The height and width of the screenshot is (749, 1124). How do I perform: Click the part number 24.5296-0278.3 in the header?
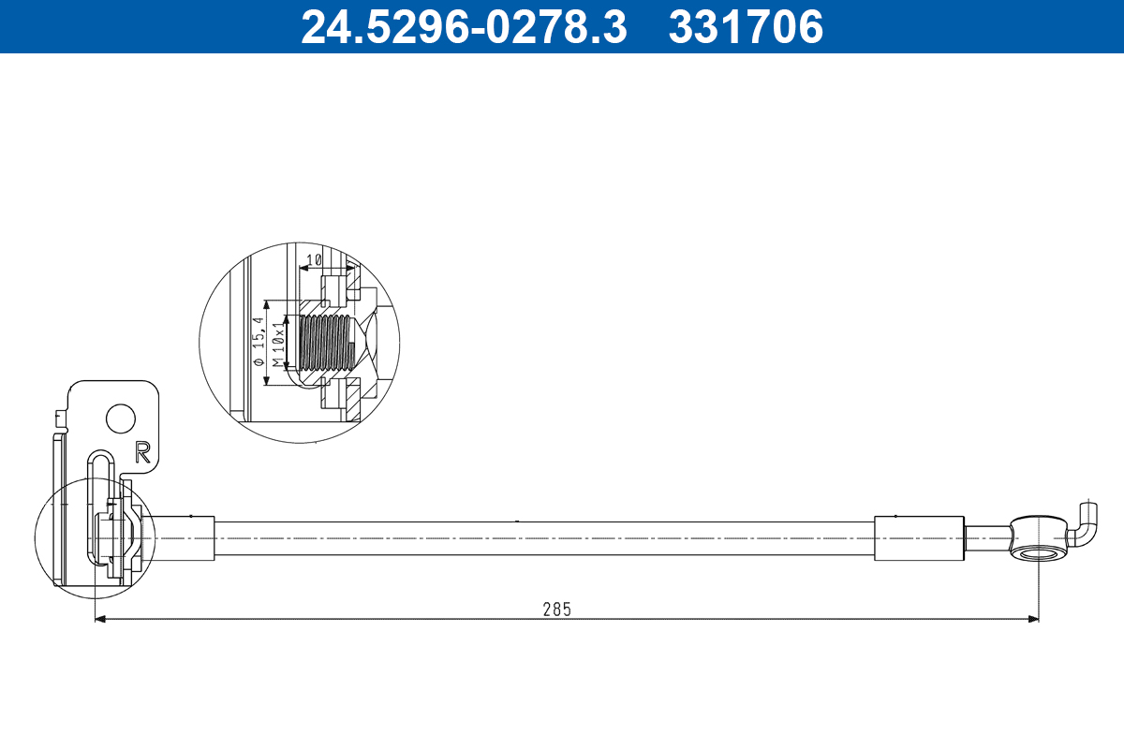(x=463, y=27)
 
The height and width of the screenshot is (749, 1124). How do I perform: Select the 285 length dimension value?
(x=556, y=609)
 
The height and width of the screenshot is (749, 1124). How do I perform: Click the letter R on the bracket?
(x=143, y=452)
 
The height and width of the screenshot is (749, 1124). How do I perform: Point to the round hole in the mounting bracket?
(x=120, y=418)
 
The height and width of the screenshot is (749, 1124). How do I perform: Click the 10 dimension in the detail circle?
(x=315, y=258)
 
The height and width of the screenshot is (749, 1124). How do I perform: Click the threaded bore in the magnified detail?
(x=323, y=343)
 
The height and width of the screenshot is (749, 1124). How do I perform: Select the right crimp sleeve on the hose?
(x=918, y=538)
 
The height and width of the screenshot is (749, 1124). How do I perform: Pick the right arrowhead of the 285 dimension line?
(x=1033, y=619)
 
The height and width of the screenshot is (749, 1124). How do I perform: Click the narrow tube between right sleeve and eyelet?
(x=987, y=539)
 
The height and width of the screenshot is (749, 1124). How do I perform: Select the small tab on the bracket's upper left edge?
(x=59, y=416)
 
